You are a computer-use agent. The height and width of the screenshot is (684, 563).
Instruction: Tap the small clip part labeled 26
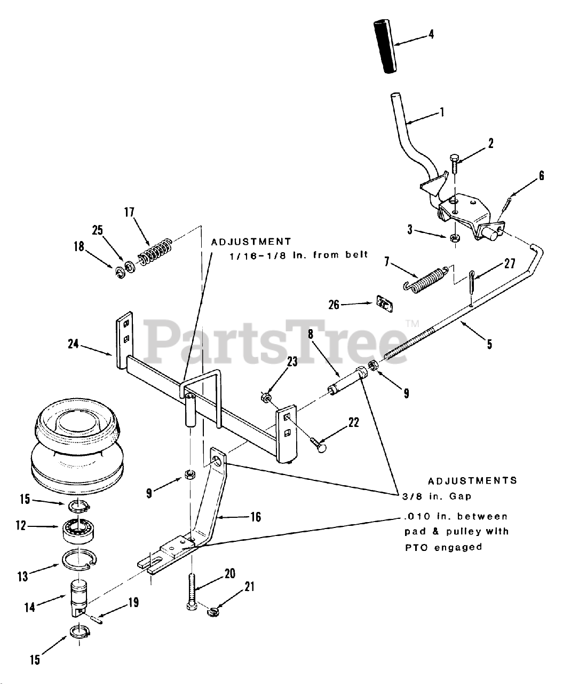pos(384,304)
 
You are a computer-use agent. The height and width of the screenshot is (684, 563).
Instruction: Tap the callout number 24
pos(74,344)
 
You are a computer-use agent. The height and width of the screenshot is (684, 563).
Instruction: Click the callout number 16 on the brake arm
pos(256,517)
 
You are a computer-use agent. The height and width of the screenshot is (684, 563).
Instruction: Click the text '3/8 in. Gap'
pos(437,496)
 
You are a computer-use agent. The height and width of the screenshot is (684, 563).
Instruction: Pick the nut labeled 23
pos(266,397)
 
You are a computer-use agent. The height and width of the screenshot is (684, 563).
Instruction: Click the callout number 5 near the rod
pos(489,344)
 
